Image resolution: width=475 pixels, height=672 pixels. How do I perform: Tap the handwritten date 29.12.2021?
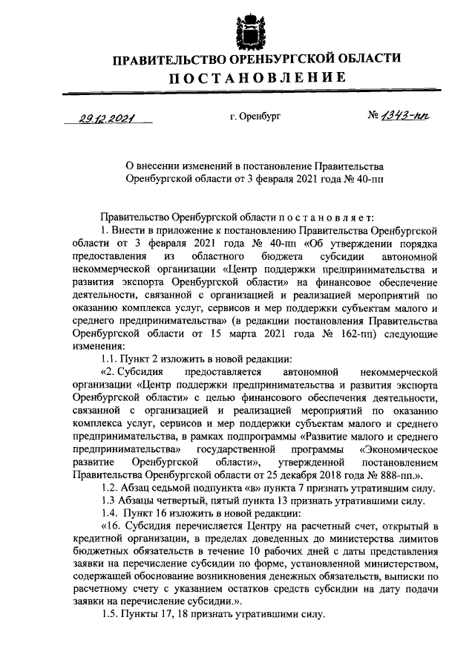pos(102,117)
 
